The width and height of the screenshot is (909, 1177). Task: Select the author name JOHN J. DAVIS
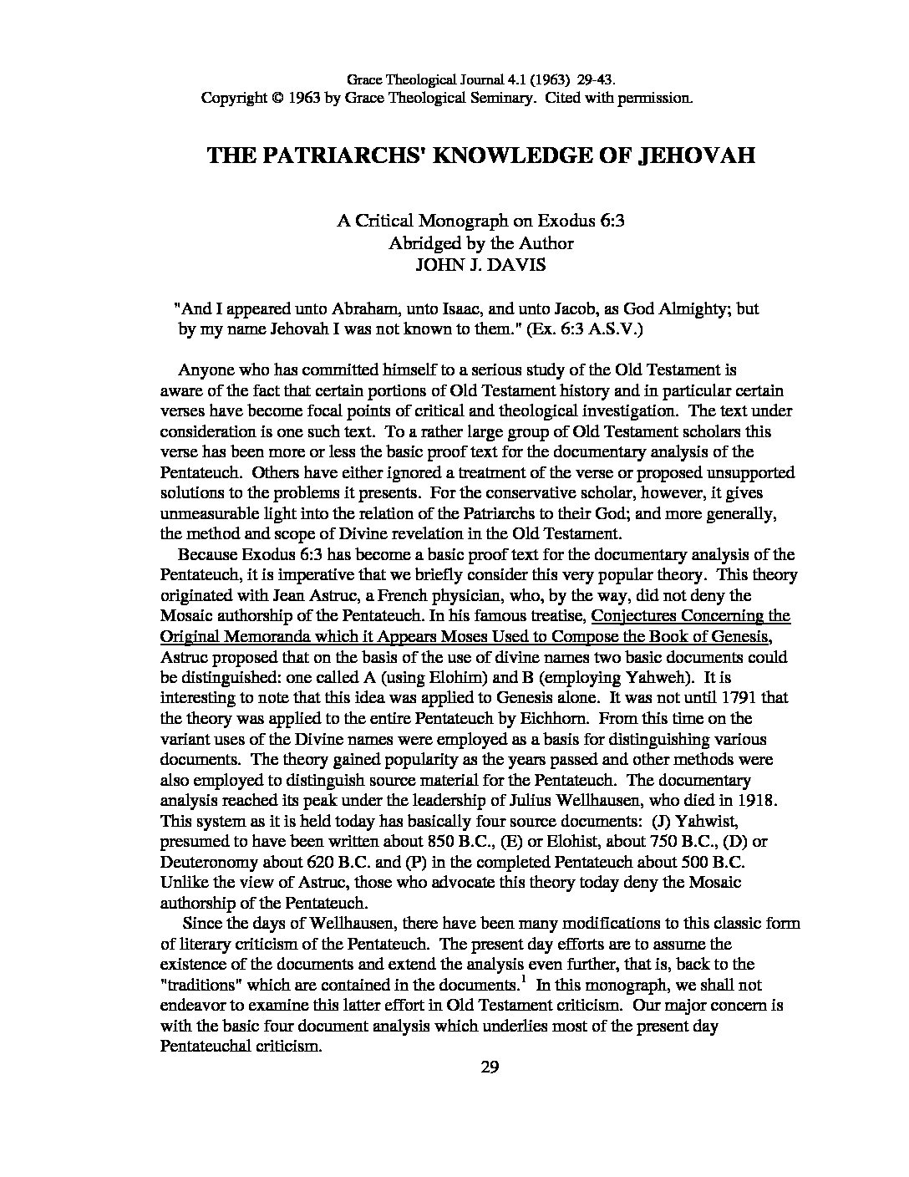tap(480, 264)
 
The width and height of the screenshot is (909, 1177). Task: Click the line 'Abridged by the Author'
tap(480, 243)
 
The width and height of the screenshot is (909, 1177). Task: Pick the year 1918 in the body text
tap(758, 800)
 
